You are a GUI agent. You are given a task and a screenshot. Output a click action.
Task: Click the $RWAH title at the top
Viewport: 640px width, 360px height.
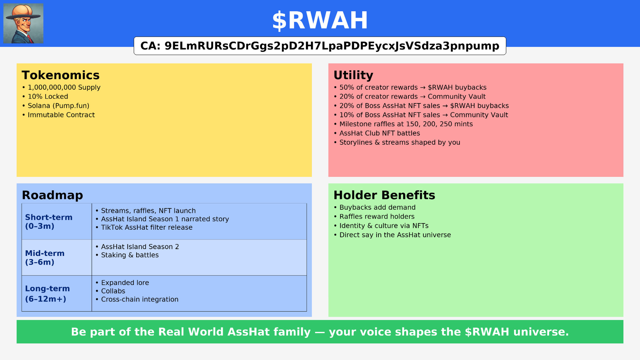[x=320, y=21]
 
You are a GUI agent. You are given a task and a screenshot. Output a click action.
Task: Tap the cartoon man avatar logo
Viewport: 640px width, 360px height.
[x=23, y=23]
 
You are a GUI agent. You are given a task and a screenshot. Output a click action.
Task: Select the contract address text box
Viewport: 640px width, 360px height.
[x=320, y=46]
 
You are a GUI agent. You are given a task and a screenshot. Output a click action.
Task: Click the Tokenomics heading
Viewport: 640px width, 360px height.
[x=61, y=75]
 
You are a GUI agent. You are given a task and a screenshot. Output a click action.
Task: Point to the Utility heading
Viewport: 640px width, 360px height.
[x=353, y=75]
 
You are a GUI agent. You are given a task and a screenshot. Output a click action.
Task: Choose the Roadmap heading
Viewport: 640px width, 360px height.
[x=52, y=195]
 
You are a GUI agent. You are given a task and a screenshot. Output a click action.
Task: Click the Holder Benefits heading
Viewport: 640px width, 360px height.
[x=384, y=195]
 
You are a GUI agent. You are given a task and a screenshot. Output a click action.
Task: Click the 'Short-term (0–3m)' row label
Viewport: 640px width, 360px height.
[x=49, y=222]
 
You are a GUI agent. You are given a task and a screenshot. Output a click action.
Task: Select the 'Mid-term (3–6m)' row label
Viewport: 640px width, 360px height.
[x=45, y=257]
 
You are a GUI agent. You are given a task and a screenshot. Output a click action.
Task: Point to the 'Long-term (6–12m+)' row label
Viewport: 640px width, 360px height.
[x=47, y=294]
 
